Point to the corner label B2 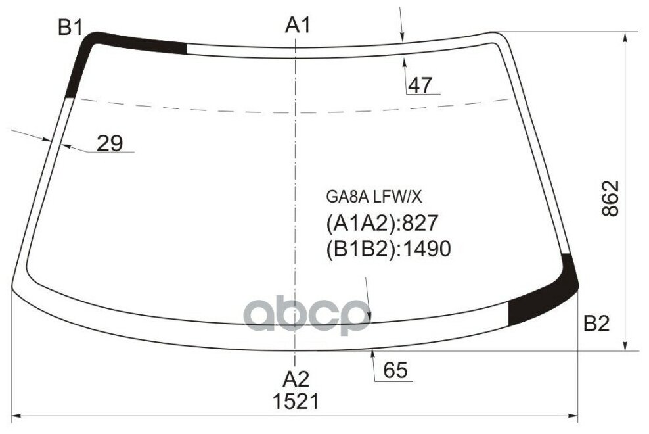pyautogui.click(x=596, y=324)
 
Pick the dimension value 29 pyautogui.click(x=109, y=143)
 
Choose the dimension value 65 pyautogui.click(x=395, y=371)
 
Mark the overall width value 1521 pyautogui.click(x=296, y=401)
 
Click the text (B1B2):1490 pyautogui.click(x=388, y=249)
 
